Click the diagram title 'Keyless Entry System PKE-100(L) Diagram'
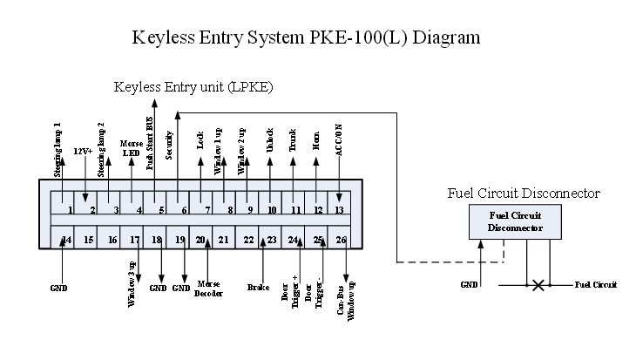[x=306, y=38]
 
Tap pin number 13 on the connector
[x=340, y=209]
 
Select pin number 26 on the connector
[x=341, y=240]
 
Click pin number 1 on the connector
[x=68, y=209]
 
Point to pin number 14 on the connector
[x=66, y=240]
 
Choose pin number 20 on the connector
[x=201, y=240]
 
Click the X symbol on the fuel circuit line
[x=538, y=285]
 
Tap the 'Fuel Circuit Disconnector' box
[x=516, y=223]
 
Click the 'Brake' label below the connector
[x=258, y=286]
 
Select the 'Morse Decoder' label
[x=210, y=289]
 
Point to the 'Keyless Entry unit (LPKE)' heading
[x=193, y=87]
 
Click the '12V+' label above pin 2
[x=84, y=152]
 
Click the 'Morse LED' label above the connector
[x=132, y=148]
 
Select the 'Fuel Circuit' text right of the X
[x=596, y=285]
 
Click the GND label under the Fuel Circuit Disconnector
[x=470, y=285]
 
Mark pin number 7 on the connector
[x=206, y=209]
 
